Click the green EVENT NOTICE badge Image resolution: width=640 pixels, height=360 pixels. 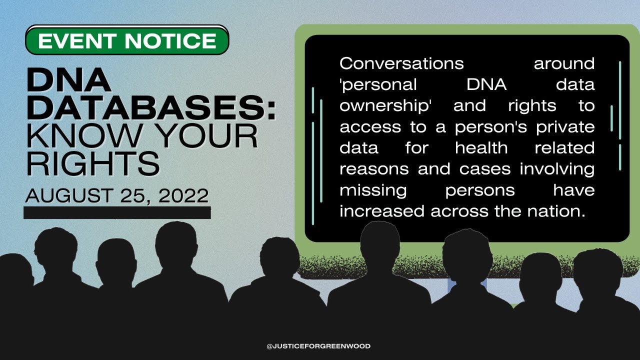point(127,40)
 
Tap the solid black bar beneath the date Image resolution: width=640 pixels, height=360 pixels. point(117,213)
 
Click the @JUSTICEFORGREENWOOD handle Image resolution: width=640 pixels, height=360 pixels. point(318,346)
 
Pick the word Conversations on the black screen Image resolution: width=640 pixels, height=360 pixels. point(401,64)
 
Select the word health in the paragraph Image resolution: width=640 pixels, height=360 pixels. point(481,148)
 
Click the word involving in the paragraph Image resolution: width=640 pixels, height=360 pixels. point(557,169)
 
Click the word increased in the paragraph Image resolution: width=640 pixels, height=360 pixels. point(382,211)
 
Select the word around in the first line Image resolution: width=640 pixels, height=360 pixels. point(564,64)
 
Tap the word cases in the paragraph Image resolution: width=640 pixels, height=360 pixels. point(482,169)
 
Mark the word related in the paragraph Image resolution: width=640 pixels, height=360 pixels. point(564,148)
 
